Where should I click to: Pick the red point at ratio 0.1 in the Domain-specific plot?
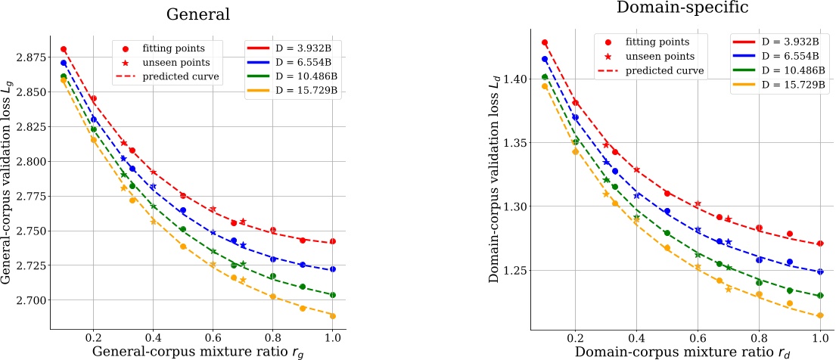click(x=545, y=43)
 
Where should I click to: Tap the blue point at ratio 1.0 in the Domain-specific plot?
click(x=820, y=272)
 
